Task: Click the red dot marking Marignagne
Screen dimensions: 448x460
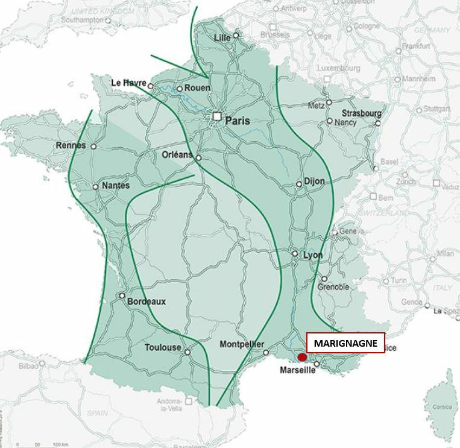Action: [x=302, y=358]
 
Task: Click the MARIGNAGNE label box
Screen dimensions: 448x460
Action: [x=345, y=343]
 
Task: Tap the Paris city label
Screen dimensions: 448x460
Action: [x=237, y=121]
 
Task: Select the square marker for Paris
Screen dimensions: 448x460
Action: [x=216, y=116]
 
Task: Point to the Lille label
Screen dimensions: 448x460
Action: [x=223, y=39]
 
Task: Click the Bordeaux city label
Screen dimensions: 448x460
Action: [x=147, y=301]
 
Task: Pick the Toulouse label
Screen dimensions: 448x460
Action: [x=163, y=347]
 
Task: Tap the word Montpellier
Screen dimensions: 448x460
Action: [x=241, y=344]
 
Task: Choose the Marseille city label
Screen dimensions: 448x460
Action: [x=298, y=370]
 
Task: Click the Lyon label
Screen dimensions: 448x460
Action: [x=313, y=256]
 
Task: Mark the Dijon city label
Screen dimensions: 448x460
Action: [x=315, y=181]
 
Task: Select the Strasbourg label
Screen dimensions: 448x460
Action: [x=362, y=113]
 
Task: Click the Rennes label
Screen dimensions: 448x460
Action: [x=71, y=145]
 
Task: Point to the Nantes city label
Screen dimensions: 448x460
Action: [x=116, y=186]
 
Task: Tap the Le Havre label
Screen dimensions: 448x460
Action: [x=129, y=83]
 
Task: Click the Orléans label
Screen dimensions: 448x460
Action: [x=177, y=155]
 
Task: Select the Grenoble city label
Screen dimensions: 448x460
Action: [x=333, y=287]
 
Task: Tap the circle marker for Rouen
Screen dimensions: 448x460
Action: [x=179, y=89]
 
